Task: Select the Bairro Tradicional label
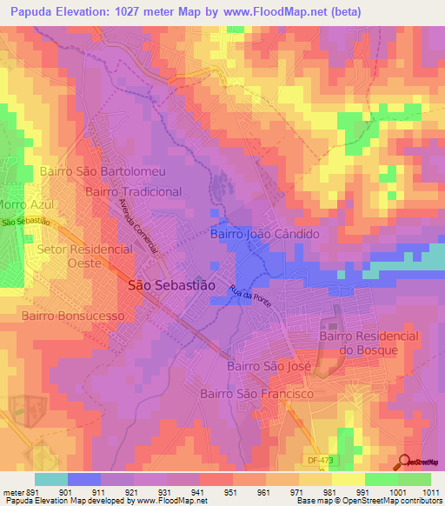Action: (133, 191)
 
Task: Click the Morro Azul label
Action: (25, 205)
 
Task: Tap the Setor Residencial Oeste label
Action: (85, 256)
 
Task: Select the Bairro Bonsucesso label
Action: (74, 316)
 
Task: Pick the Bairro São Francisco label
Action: (256, 394)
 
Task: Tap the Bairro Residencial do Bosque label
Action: (369, 343)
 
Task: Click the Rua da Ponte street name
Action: (250, 296)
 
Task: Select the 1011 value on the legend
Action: (429, 492)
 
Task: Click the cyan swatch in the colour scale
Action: (50, 479)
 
